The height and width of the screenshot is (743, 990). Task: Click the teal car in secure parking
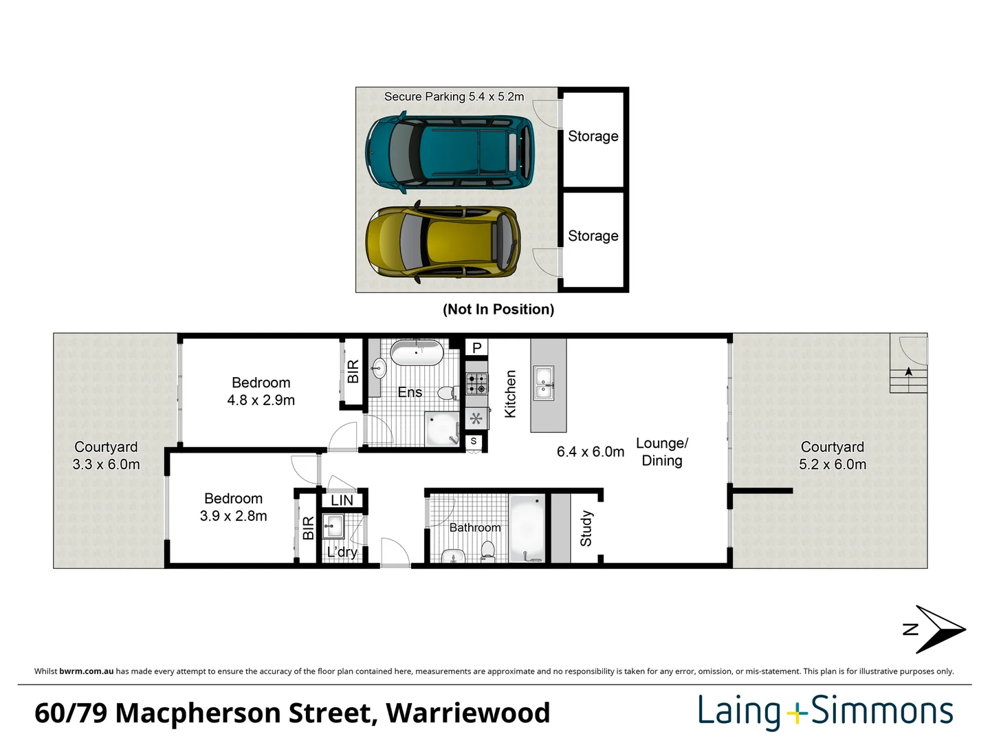pyautogui.click(x=450, y=153)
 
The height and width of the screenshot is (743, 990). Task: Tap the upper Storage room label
pyautogui.click(x=593, y=136)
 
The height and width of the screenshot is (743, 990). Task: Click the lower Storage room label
pyautogui.click(x=593, y=236)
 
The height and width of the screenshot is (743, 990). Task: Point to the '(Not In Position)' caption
pyautogui.click(x=498, y=310)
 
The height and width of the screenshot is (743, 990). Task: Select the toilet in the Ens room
pyautogui.click(x=447, y=393)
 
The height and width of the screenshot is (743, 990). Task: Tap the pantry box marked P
pyautogui.click(x=476, y=347)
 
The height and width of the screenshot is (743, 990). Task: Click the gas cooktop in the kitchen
pyautogui.click(x=476, y=383)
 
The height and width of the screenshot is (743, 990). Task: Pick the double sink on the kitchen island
pyautogui.click(x=543, y=383)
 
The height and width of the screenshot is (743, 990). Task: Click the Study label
pyautogui.click(x=586, y=528)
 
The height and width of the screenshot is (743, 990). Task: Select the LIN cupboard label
pyautogui.click(x=342, y=500)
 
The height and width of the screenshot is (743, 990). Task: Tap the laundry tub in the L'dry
pyautogui.click(x=333, y=527)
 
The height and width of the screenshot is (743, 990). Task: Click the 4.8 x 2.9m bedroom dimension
pyautogui.click(x=261, y=400)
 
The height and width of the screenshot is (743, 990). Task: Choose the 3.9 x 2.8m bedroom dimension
pyautogui.click(x=233, y=516)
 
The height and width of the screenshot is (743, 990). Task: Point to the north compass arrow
pyautogui.click(x=938, y=629)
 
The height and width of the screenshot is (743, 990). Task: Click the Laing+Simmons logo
pyautogui.click(x=825, y=711)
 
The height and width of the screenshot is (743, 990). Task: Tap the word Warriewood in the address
pyautogui.click(x=467, y=713)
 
